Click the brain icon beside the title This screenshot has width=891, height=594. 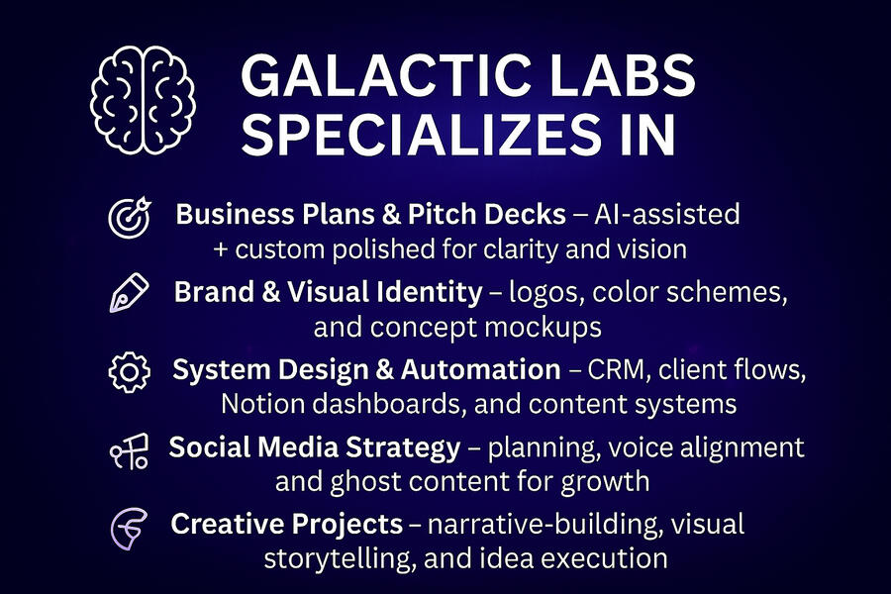tap(143, 100)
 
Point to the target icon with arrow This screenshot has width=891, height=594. tap(130, 217)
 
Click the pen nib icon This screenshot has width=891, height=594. tap(129, 293)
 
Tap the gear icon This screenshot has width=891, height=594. tap(130, 372)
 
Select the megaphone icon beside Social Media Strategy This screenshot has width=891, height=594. tap(130, 450)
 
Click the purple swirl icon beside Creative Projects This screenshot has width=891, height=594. tap(129, 529)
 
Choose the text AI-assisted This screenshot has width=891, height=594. tap(667, 214)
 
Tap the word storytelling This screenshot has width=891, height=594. tap(337, 559)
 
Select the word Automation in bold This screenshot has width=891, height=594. tap(481, 370)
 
